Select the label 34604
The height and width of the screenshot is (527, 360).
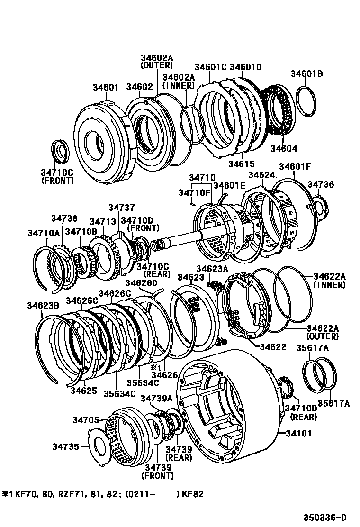click(x=284, y=148)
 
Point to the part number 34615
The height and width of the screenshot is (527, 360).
click(x=241, y=164)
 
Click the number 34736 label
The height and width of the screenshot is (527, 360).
click(x=321, y=184)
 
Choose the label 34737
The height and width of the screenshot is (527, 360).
click(x=121, y=207)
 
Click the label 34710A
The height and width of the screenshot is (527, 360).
click(x=44, y=233)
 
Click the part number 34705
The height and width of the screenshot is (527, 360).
click(x=86, y=419)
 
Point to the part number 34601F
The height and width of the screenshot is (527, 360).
click(x=294, y=166)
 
